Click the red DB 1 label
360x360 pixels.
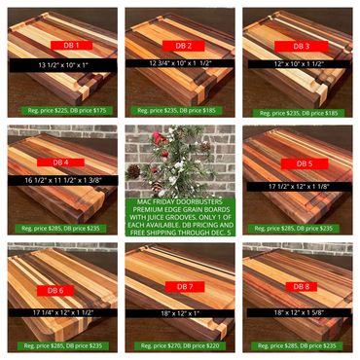pos(71,46)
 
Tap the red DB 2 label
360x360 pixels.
pos(183,46)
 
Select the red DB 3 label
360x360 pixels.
pos(302,47)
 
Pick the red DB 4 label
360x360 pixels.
pos(60,162)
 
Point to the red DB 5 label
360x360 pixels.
pos(305,163)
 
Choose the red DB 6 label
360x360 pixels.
pos(55,290)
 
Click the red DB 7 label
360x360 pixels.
pos(185,287)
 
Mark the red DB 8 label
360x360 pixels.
pos(302,286)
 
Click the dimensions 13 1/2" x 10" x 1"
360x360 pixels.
pos(63,65)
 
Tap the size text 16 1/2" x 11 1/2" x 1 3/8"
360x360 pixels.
pos(63,180)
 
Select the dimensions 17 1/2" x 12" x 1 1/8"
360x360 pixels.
pos(299,187)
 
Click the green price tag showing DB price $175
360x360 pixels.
pos(67,110)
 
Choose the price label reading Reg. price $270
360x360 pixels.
pos(180,345)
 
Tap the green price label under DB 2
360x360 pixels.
pos(176,111)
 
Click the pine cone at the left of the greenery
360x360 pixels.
pos(133,172)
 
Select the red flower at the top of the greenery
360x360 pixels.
pos(159,138)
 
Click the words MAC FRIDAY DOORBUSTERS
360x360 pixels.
pos(180,201)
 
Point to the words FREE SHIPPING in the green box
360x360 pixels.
pos(153,233)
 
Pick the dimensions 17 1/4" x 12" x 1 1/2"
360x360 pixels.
pos(63,312)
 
